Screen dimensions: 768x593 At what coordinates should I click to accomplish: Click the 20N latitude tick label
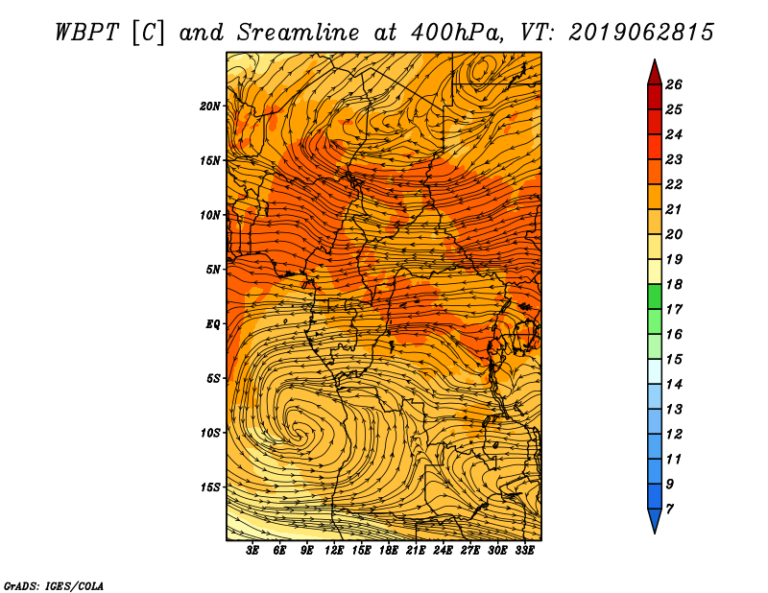click(209, 107)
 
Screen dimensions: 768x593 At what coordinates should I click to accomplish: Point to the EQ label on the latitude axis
click(212, 324)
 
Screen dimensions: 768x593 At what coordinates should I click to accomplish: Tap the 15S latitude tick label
click(210, 487)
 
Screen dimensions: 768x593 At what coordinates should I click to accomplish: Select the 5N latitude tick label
click(213, 270)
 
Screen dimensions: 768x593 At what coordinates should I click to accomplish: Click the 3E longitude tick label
click(252, 551)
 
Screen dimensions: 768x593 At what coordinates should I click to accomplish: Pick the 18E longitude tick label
click(389, 551)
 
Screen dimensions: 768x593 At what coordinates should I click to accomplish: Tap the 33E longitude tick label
click(524, 551)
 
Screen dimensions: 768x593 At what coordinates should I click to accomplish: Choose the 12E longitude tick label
click(334, 551)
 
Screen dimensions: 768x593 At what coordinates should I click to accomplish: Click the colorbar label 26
click(674, 84)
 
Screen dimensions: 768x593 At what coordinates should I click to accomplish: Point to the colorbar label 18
click(674, 284)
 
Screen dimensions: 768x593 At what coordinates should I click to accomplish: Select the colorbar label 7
click(669, 510)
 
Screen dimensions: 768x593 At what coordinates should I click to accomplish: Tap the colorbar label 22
click(674, 184)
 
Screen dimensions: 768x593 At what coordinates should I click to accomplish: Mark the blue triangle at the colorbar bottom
click(655, 518)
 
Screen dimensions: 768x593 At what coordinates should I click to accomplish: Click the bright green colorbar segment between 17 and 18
click(655, 296)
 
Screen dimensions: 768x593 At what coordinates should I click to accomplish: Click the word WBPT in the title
click(86, 34)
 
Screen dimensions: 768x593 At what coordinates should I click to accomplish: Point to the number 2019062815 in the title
click(640, 33)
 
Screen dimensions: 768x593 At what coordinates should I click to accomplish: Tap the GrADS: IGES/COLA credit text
click(54, 586)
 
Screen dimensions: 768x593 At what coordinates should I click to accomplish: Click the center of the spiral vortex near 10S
click(298, 431)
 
